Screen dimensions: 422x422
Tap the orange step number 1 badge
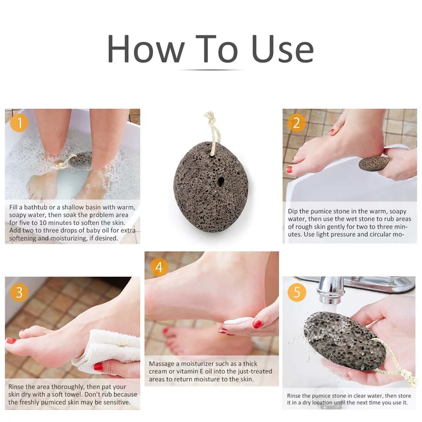tap(20, 123)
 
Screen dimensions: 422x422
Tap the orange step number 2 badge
tap(296, 123)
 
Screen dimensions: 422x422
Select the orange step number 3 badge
tap(20, 292)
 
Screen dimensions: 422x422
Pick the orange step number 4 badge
tap(158, 267)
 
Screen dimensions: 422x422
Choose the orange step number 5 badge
tap(296, 292)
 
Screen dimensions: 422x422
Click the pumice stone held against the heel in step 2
tap(374, 163)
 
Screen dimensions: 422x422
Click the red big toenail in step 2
tap(289, 170)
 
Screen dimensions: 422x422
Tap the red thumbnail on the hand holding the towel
tap(98, 366)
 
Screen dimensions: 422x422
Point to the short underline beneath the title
tap(211, 70)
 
